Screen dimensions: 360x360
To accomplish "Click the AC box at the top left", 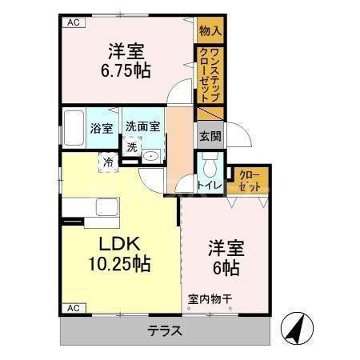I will click(73, 22).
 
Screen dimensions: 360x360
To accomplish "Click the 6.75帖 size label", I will click(126, 71).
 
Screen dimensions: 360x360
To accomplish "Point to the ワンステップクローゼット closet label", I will click(210, 74).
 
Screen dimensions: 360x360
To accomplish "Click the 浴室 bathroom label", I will click(102, 128).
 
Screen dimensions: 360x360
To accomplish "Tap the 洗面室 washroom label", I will click(142, 126).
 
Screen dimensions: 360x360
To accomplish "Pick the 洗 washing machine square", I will click(130, 146).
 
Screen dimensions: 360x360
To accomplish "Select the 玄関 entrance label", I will click(210, 135).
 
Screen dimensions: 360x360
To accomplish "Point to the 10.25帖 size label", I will click(119, 263).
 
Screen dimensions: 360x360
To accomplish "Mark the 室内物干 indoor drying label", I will click(210, 300).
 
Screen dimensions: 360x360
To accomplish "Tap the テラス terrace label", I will click(165, 330).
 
